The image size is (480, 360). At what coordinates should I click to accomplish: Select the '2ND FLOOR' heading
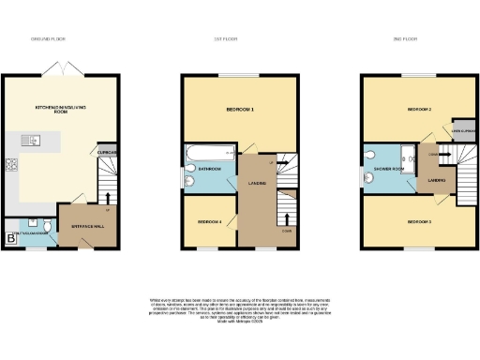pos(419,39)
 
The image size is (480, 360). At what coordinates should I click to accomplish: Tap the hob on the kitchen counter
pos(11,168)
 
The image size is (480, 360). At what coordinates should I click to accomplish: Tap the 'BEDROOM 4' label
pos(209,221)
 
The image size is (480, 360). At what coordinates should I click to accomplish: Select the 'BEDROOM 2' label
pos(418,110)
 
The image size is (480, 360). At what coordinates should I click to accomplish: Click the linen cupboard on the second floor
pos(464,130)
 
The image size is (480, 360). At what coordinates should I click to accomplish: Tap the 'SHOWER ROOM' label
pos(386,170)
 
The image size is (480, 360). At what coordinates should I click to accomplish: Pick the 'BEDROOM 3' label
pos(418,221)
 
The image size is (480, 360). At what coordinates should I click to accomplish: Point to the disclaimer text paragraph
pos(240,310)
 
